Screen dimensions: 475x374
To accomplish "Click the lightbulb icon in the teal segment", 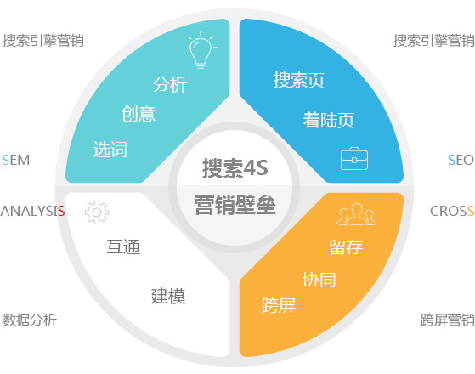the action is (x=201, y=51).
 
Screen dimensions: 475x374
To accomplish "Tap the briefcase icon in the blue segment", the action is (x=354, y=158).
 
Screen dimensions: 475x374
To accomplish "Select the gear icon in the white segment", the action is (x=97, y=212).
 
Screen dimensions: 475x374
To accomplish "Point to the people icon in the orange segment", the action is (x=356, y=214).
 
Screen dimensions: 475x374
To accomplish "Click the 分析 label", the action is (x=170, y=84).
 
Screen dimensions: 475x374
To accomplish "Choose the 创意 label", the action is (x=139, y=114).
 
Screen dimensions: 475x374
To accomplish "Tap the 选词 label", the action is (x=110, y=149).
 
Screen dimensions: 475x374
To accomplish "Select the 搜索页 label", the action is (x=299, y=80).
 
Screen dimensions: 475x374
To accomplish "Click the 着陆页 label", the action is (x=329, y=120).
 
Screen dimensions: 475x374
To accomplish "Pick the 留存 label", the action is (x=346, y=247).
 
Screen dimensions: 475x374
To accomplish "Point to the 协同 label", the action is (x=319, y=280).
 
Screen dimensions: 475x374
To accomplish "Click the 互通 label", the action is (x=123, y=246).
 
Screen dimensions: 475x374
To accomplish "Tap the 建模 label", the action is (x=168, y=296).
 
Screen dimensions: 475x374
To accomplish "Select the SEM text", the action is (x=16, y=160).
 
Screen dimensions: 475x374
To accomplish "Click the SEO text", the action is (x=461, y=160).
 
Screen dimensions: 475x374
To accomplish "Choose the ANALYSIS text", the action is (x=33, y=211).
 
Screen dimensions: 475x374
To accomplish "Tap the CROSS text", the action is (x=452, y=211).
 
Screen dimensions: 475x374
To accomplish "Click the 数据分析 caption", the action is (x=30, y=320).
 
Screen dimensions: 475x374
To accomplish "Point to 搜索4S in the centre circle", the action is (x=235, y=168).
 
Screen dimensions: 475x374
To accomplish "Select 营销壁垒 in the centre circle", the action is (x=235, y=205).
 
